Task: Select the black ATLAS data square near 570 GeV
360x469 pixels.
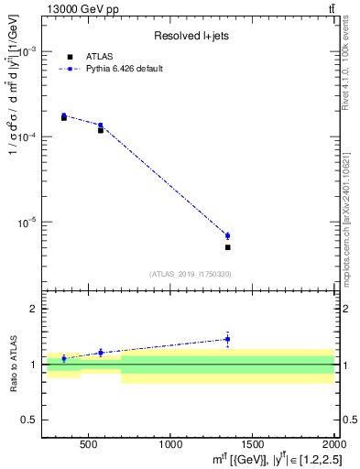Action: tap(101, 131)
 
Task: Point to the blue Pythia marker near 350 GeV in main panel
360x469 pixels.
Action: tap(64, 116)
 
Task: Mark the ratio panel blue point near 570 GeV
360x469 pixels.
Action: tap(101, 353)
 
